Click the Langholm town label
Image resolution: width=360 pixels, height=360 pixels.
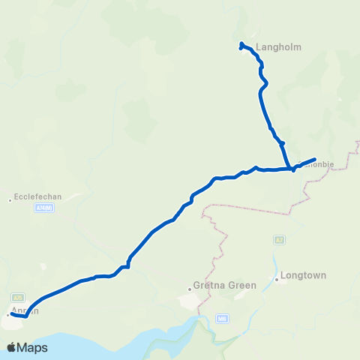click(278, 46)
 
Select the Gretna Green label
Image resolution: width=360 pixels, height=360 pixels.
click(225, 285)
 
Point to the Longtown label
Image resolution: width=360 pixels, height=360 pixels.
click(303, 275)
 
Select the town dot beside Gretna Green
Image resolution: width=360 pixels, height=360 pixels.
click(190, 286)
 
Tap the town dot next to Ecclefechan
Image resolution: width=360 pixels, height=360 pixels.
click(10, 199)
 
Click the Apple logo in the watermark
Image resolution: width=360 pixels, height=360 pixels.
click(12, 347)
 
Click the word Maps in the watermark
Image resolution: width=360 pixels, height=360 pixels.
click(34, 347)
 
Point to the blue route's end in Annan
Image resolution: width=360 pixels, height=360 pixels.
click(11, 315)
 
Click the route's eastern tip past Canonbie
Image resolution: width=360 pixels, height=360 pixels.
click(313, 159)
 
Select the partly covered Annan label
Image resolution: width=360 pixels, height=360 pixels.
click(24, 310)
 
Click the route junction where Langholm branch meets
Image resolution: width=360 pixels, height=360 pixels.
click(291, 168)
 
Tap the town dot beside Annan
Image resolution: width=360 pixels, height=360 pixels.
click(7, 315)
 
